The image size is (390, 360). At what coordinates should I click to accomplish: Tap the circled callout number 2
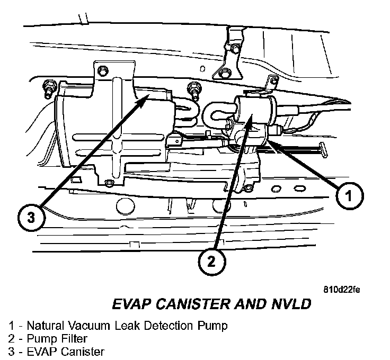(212, 261)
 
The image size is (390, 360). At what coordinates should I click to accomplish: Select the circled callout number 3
(31, 218)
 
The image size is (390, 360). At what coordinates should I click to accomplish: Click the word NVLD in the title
(290, 304)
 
